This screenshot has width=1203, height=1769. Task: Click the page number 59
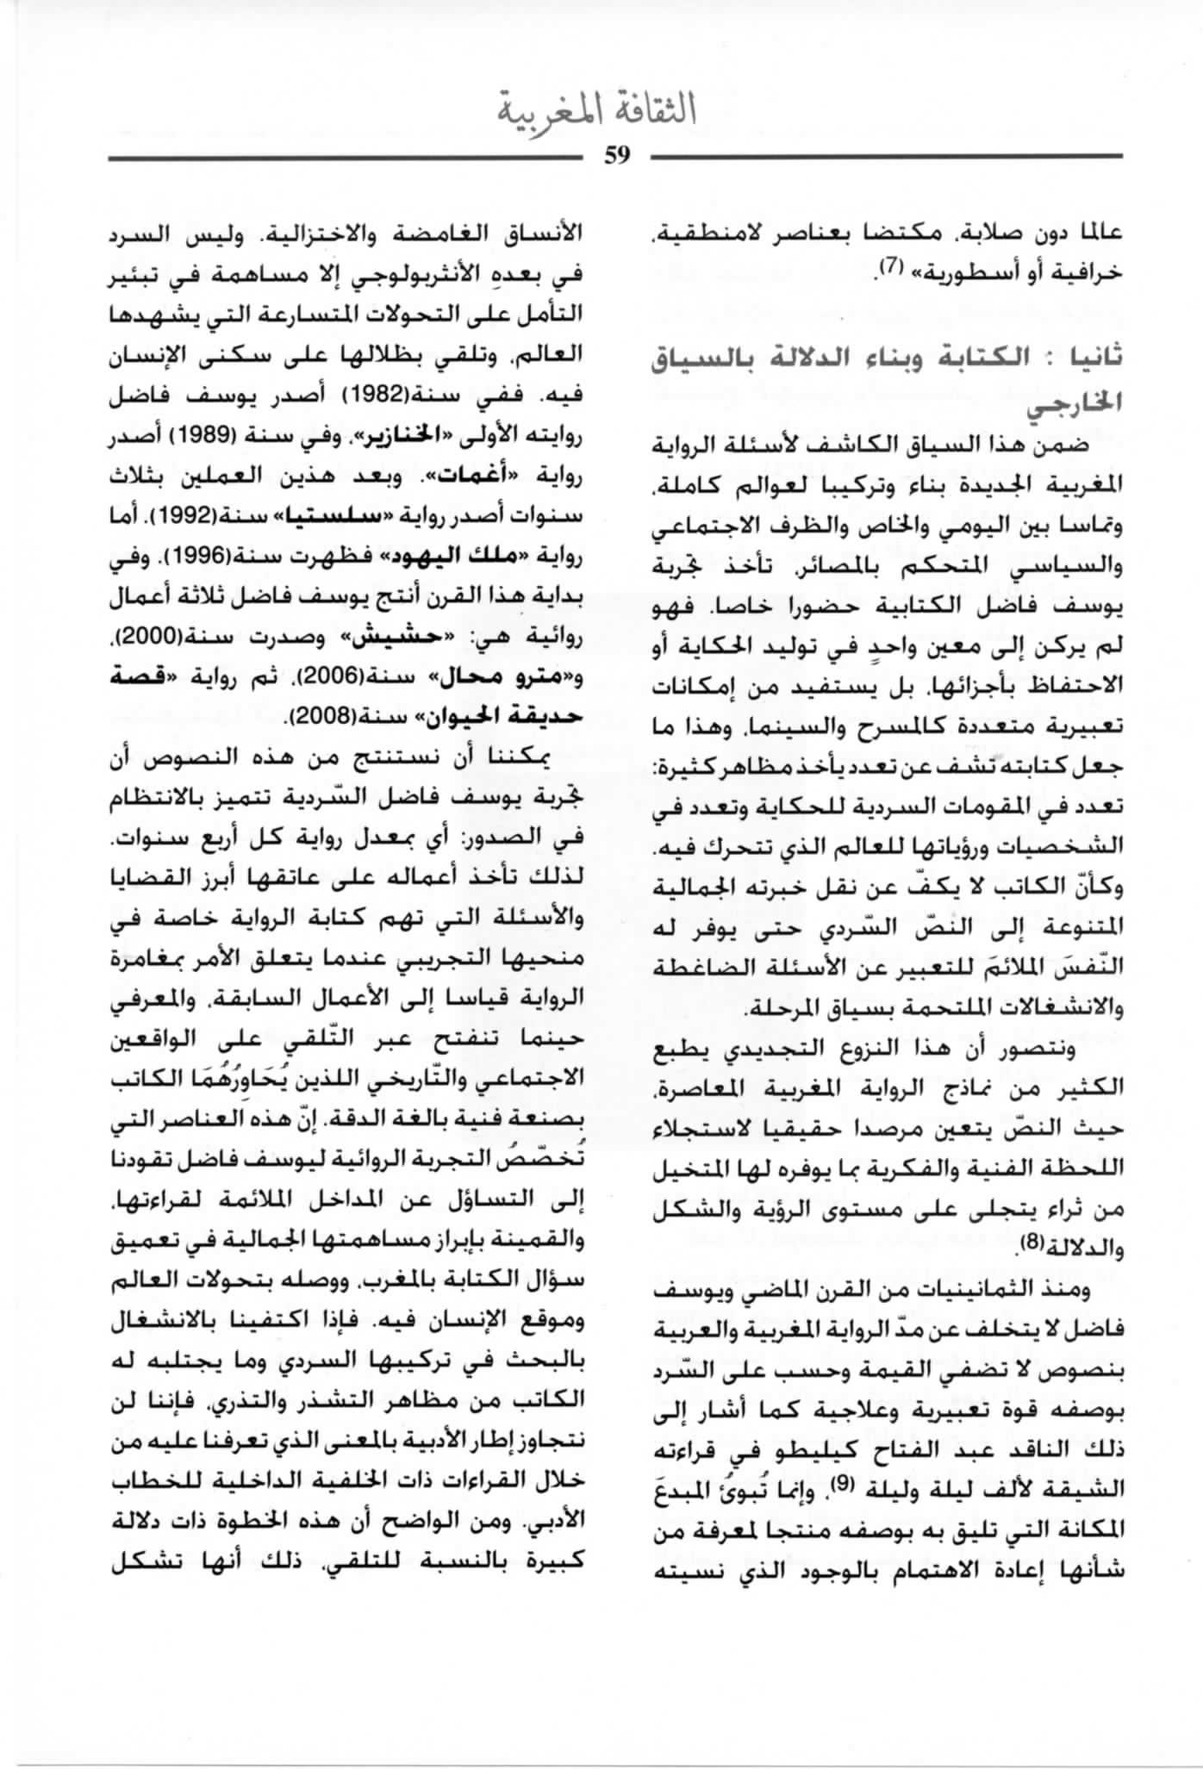point(618,156)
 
